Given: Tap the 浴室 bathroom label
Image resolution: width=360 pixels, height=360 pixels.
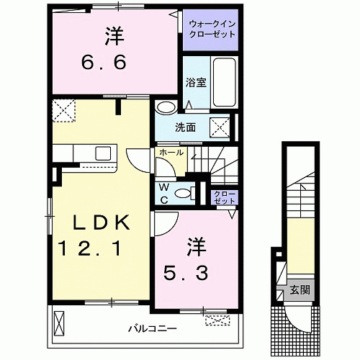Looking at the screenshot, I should (196, 81).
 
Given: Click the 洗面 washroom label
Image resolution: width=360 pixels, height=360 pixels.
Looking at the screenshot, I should (185, 128).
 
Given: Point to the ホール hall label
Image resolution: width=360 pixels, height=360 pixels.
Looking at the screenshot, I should (171, 153).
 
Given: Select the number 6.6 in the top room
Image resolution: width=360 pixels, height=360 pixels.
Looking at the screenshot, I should (104, 62).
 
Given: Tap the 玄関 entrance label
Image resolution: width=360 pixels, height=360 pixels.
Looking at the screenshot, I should (300, 291).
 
